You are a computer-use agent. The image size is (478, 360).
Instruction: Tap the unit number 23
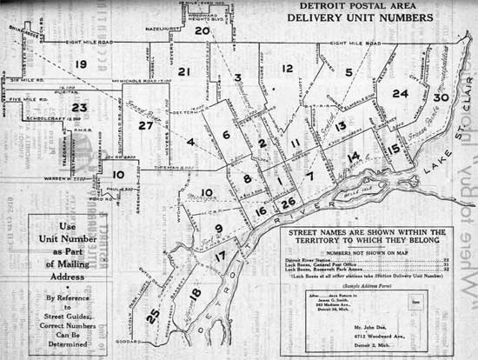pyautogui.click(x=80, y=107)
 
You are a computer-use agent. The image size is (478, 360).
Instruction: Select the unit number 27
pyautogui.click(x=145, y=125)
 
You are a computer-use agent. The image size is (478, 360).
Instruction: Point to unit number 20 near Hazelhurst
pyautogui.click(x=202, y=30)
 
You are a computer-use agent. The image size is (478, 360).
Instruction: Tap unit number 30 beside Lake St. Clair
pyautogui.click(x=441, y=97)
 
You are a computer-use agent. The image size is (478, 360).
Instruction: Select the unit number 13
pyautogui.click(x=341, y=126)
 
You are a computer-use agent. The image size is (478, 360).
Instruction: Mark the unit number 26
pyautogui.click(x=289, y=203)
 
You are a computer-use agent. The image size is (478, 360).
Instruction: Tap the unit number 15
pyautogui.click(x=394, y=149)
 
